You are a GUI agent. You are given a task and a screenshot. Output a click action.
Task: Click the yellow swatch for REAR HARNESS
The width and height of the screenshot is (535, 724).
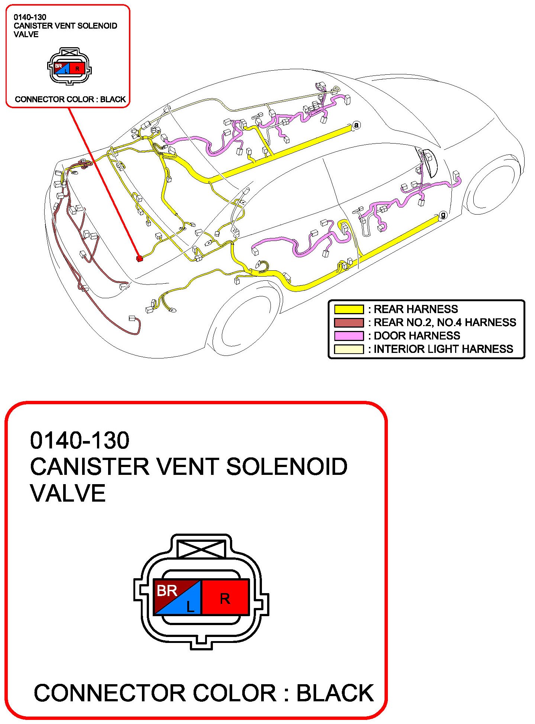[348, 309]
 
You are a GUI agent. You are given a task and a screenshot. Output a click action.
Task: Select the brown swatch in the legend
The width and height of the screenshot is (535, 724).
[348, 322]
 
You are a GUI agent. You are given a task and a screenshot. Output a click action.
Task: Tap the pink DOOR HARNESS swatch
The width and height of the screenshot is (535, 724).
[348, 336]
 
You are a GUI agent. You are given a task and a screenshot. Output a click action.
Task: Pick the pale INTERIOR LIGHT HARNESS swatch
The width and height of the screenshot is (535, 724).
[348, 349]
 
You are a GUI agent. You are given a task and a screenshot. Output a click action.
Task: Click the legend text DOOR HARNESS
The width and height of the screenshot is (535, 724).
[416, 336]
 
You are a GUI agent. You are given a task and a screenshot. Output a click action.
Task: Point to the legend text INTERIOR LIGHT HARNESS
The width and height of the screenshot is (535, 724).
[443, 349]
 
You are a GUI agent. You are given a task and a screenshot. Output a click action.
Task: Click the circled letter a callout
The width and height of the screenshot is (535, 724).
[356, 125]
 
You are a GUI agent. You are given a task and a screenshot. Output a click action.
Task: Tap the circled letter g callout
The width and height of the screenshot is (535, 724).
[443, 215]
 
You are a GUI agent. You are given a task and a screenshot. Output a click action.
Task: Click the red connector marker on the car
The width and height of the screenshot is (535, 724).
[140, 258]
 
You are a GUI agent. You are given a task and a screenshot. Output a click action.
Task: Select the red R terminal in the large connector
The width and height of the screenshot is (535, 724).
[225, 598]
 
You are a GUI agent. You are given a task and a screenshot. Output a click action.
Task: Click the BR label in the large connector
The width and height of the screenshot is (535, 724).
[167, 591]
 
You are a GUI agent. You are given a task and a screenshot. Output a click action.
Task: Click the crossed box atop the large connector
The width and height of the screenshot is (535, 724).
[201, 549]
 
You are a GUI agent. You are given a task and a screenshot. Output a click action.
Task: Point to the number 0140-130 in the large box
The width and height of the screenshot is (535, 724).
[80, 440]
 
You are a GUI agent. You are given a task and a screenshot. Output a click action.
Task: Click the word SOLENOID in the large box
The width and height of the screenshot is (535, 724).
[286, 467]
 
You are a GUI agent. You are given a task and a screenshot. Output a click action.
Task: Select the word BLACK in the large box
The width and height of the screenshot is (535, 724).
[335, 693]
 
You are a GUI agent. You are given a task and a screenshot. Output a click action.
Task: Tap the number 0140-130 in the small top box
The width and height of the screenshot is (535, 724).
[30, 17]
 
